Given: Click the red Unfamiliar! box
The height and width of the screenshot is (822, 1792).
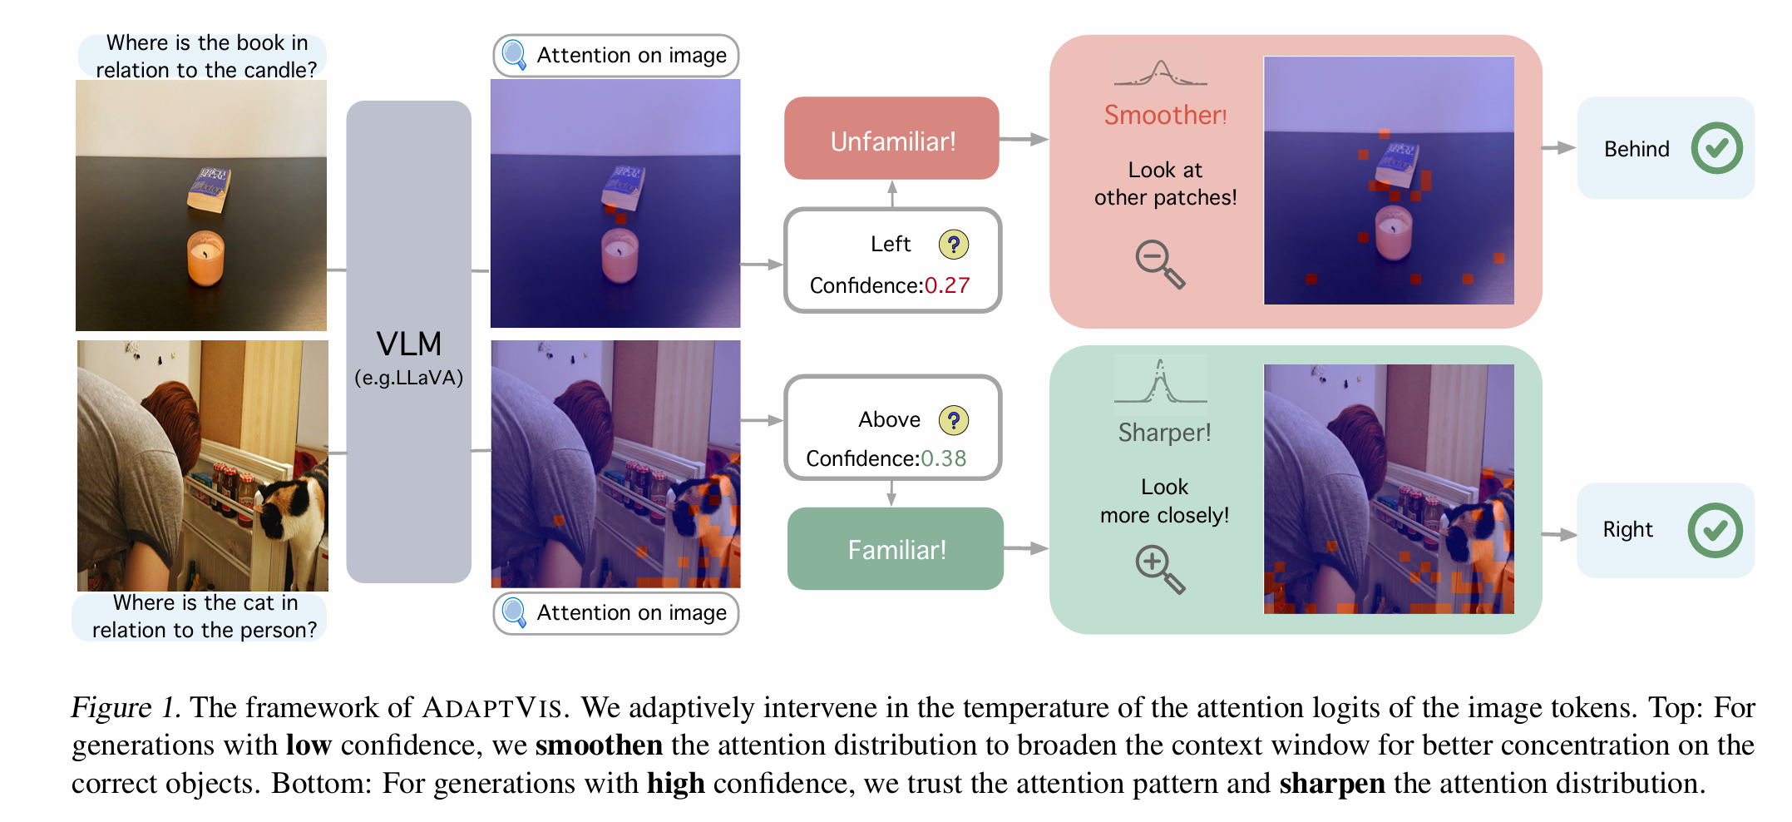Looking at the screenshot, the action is [x=891, y=138].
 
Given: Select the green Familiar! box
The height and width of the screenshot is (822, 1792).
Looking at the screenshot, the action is [x=896, y=549].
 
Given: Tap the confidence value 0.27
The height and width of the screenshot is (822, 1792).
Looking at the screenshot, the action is [x=947, y=285].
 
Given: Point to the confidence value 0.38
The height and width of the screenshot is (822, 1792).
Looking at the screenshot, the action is [x=944, y=458].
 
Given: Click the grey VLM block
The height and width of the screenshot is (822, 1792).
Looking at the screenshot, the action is [x=408, y=342].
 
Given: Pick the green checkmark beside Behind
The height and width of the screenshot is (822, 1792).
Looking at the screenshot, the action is [x=1716, y=148].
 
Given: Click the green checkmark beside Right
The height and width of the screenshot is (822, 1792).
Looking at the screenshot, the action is [x=1715, y=530].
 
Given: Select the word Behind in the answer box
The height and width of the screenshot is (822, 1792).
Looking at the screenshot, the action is [x=1636, y=149].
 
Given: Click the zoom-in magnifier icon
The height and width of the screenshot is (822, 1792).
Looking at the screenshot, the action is [x=1160, y=569].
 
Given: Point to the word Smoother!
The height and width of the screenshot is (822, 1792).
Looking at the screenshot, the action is [x=1165, y=115].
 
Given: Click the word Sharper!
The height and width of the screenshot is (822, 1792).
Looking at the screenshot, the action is [x=1164, y=433].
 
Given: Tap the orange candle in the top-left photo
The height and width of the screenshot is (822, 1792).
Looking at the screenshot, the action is [x=205, y=258].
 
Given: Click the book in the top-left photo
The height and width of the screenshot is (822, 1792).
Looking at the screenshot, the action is [x=208, y=189].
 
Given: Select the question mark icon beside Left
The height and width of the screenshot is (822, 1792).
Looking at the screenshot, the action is [x=954, y=245].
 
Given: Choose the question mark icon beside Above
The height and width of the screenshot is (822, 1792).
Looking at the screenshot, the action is [x=954, y=420].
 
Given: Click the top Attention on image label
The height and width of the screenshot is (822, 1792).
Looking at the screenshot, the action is [x=616, y=56].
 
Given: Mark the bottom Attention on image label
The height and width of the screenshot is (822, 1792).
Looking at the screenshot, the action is [x=616, y=613].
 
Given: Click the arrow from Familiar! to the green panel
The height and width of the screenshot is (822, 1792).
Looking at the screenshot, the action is [x=1026, y=548].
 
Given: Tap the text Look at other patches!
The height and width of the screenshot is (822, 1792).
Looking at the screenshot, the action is [x=1165, y=183].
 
